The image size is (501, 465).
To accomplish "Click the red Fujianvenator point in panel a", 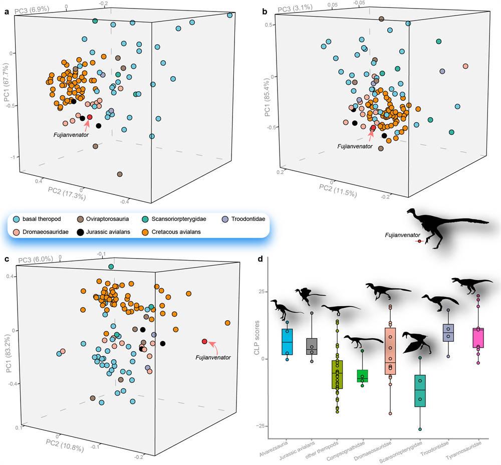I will (x=90, y=117).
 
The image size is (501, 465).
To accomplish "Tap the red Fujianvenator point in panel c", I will (x=204, y=341).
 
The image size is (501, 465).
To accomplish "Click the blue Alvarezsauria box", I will (x=287, y=342).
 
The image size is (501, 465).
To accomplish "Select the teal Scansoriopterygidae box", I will (x=420, y=391).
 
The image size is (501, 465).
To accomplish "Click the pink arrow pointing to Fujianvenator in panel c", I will (x=213, y=343).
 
